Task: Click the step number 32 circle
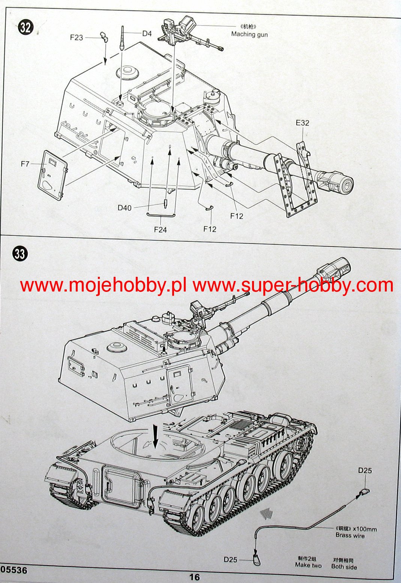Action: coord(26,27)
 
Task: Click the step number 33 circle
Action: coord(20,254)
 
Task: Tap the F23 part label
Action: coord(76,38)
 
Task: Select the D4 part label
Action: coord(147,33)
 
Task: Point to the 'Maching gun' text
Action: coord(249,34)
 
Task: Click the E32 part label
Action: coord(302,123)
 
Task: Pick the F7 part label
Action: coord(25,164)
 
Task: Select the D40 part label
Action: coord(125,207)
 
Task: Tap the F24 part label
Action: coord(160,229)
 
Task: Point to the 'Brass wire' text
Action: coord(350,535)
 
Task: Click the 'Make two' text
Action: coord(308,565)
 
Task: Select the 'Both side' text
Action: coord(344,566)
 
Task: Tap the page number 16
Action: coord(194,577)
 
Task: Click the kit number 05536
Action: coord(14,570)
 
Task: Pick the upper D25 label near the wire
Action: coord(365,470)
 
